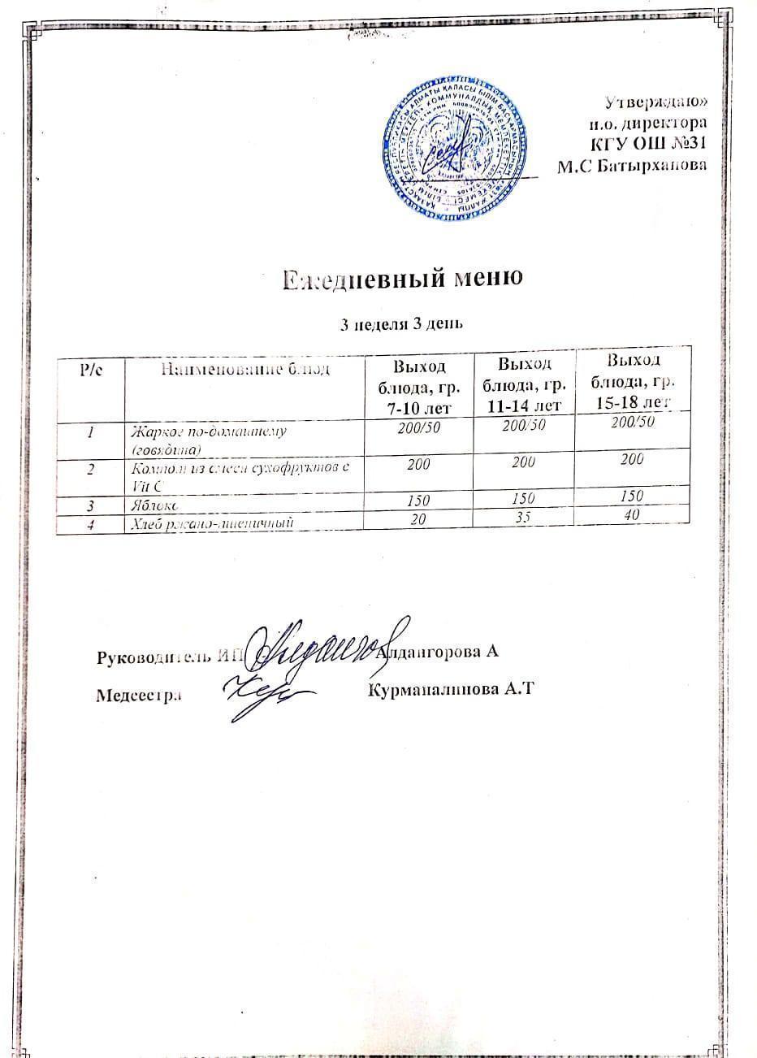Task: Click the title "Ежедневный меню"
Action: tap(400, 280)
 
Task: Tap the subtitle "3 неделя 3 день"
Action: tap(400, 326)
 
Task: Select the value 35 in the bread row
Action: tap(526, 515)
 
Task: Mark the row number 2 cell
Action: tap(89, 470)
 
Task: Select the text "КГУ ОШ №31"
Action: tap(647, 145)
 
